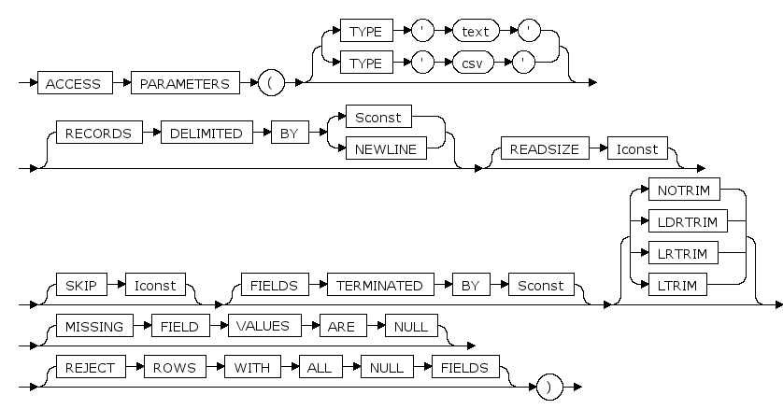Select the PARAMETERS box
pos(185,83)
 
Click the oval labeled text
pos(475,31)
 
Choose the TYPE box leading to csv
pos(365,66)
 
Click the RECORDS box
pos(97,134)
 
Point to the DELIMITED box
pos(206,134)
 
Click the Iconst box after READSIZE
pos(634,149)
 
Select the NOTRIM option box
pos(684,190)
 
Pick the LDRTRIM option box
pos(688,221)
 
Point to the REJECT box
pos(90,368)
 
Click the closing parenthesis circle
pos(549,386)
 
